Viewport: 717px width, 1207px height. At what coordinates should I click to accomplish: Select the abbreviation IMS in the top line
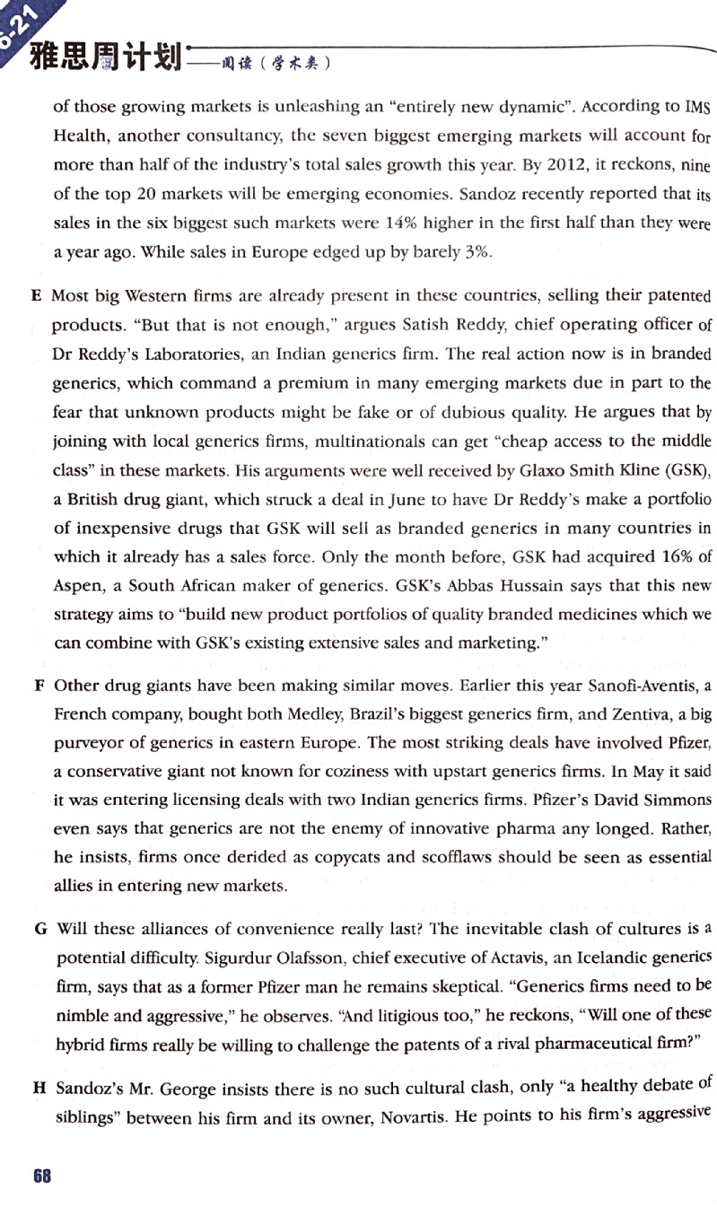coord(697,107)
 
